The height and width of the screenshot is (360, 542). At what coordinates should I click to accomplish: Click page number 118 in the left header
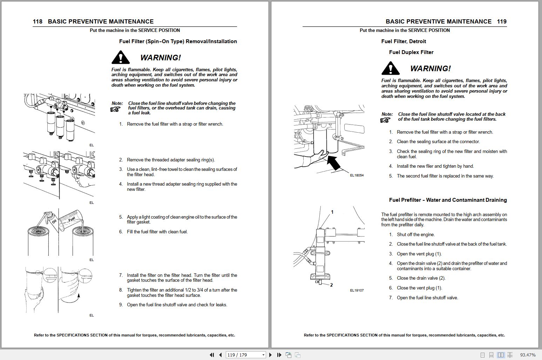(38, 21)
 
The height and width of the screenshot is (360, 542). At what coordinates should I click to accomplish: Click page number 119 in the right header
(502, 21)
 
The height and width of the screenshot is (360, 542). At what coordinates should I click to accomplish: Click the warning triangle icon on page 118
(121, 58)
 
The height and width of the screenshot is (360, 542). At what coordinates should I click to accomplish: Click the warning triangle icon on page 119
(391, 68)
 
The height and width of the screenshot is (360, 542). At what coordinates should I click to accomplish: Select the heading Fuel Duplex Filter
(411, 52)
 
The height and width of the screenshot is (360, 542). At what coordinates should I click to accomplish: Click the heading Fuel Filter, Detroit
(404, 41)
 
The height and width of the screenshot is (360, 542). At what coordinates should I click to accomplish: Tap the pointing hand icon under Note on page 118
(115, 109)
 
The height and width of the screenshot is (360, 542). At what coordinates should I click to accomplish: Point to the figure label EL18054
(357, 175)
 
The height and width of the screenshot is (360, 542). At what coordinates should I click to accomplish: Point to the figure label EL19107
(357, 290)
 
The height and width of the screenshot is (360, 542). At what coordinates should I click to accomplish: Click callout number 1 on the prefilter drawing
(332, 212)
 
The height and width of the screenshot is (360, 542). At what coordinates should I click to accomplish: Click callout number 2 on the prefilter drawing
(331, 285)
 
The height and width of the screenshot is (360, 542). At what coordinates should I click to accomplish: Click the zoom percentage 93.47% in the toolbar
(528, 355)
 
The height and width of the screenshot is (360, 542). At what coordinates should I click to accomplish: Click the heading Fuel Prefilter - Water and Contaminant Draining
(448, 200)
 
